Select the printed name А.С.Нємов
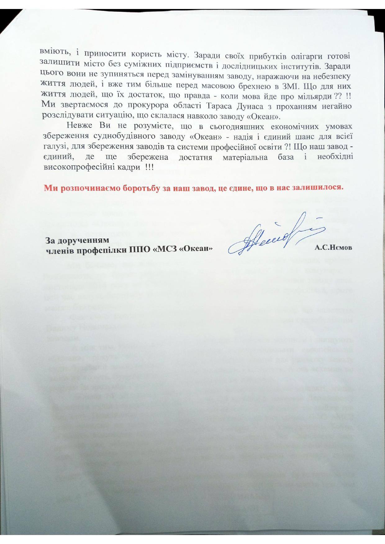coord(333,248)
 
